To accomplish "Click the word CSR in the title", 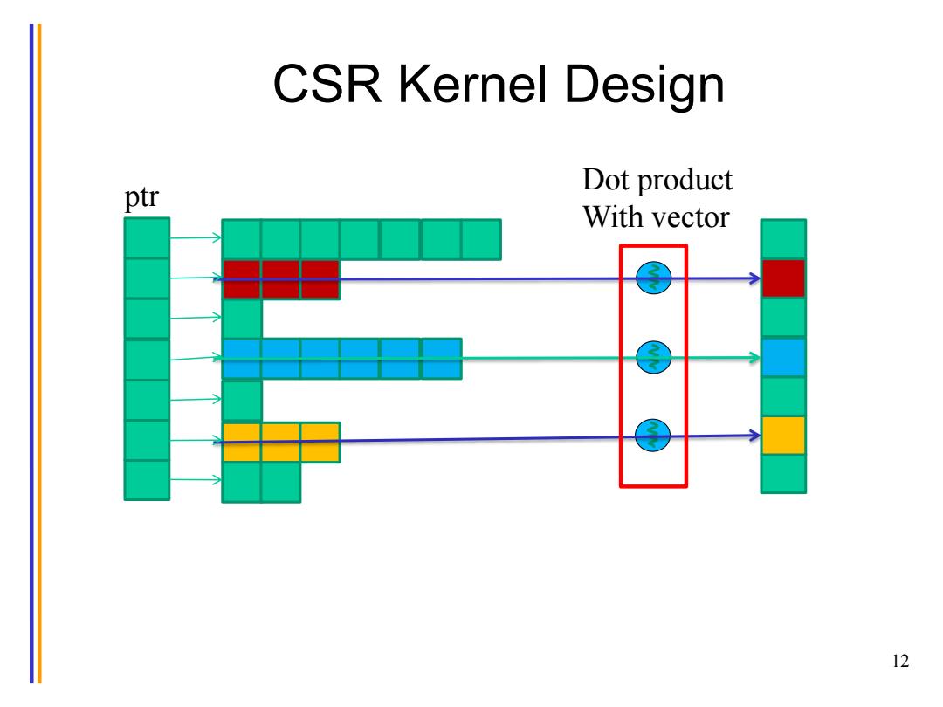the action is (x=327, y=84).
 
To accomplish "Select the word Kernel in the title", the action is (x=472, y=84).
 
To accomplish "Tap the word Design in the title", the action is (x=644, y=88).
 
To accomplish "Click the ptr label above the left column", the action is (x=141, y=197).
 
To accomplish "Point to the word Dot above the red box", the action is (x=606, y=179).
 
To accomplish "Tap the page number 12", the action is (x=900, y=661).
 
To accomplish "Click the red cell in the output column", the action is (x=783, y=278).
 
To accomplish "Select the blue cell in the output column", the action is (x=783, y=357).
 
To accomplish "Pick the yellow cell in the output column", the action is (x=783, y=436).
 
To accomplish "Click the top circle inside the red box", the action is (x=654, y=278).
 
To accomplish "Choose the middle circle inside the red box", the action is (x=654, y=357).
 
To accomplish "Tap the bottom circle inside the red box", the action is (x=652, y=435).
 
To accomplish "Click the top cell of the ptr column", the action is (x=147, y=238).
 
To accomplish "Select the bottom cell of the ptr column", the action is (x=147, y=480).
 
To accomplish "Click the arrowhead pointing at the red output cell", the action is (x=754, y=278).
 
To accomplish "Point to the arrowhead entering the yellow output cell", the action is (x=754, y=436).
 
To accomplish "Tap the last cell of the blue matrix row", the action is (x=442, y=359).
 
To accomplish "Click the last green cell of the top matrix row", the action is (x=481, y=239).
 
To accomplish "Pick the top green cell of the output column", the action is (x=783, y=239).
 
